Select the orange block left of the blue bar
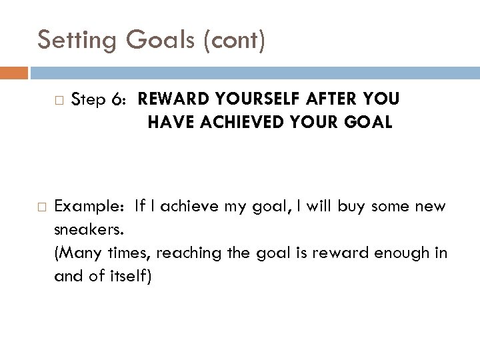coord(14,72)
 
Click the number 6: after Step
coord(120,100)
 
